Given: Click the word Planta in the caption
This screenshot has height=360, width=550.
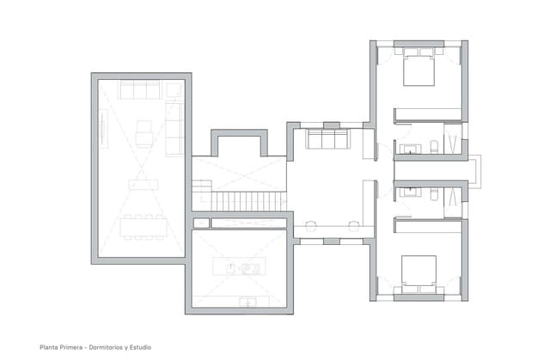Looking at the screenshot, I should coord(49,347).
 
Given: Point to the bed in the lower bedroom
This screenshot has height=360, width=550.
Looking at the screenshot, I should coord(419,271).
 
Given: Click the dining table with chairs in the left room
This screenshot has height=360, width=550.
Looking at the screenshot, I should coord(143,226).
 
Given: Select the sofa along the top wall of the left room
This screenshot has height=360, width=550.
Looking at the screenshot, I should coord(139,89).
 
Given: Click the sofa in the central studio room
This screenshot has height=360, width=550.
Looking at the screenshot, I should coord(327,140).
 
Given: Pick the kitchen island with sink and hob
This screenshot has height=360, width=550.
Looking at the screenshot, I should coord(237,268).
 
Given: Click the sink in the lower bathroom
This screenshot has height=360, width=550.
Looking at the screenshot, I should coord(411,192).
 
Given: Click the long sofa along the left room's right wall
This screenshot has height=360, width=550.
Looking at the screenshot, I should coord(174,125).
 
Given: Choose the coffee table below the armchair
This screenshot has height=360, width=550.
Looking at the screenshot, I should coord(143,182).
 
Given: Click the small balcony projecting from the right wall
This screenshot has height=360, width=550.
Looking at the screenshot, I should coord(474,170).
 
